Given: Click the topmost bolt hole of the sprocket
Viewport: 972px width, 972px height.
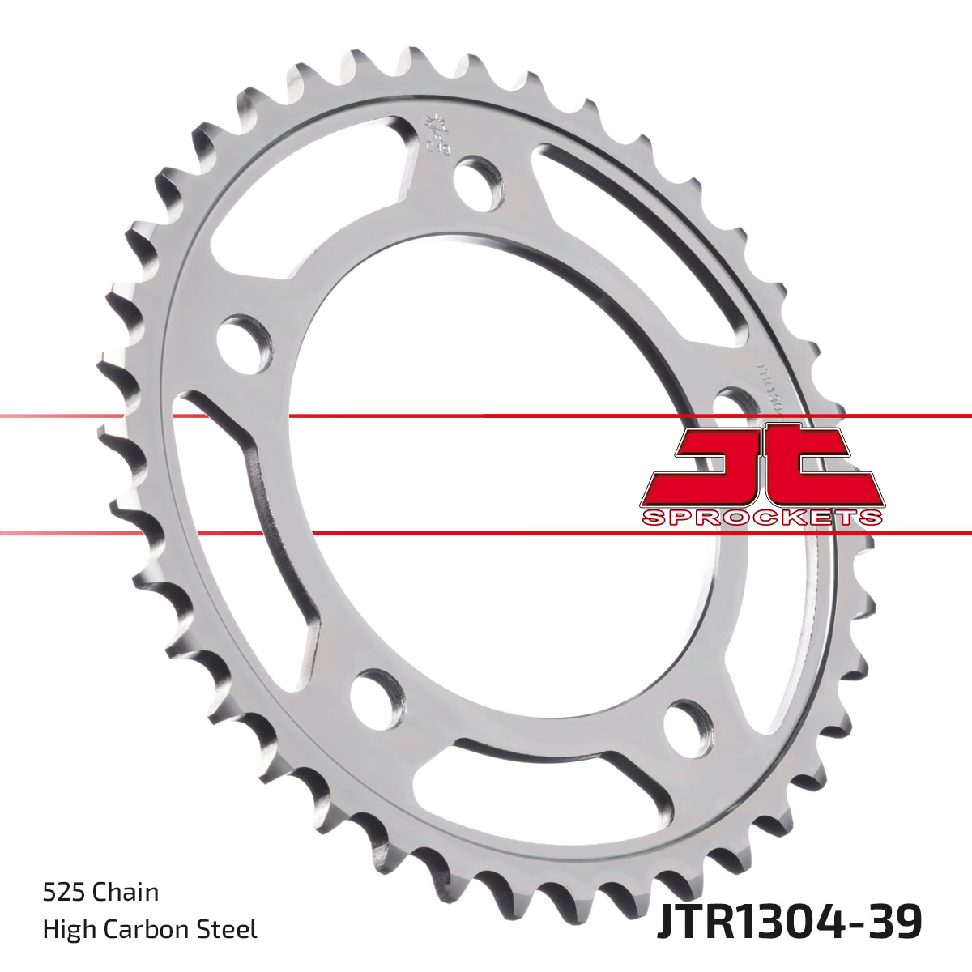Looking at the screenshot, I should (476, 180).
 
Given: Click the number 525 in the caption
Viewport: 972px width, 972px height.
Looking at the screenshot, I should (64, 893).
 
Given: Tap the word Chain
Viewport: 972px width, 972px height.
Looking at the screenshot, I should (126, 893).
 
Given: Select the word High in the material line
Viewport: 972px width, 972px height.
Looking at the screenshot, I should (66, 929).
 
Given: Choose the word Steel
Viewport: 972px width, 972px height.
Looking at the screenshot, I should (232, 929).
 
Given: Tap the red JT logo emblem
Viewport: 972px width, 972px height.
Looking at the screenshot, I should (761, 467).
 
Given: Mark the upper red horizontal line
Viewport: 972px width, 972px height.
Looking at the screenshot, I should (486, 416).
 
